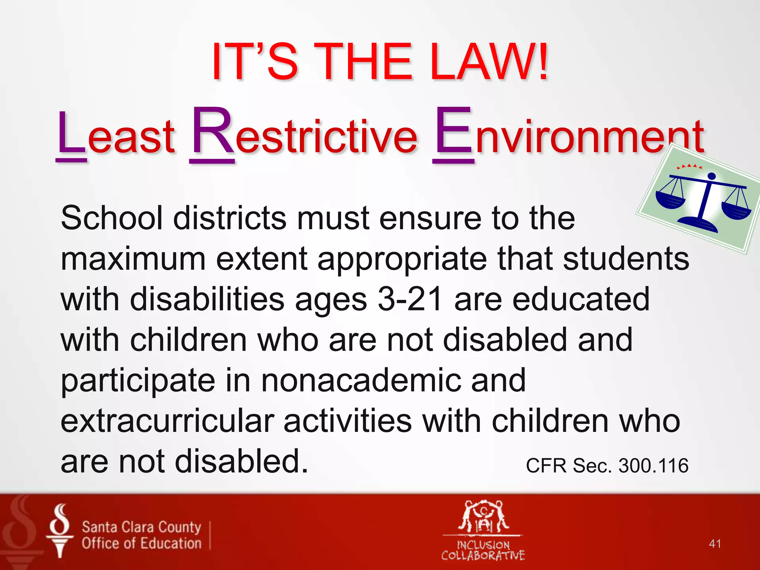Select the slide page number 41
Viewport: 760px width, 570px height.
click(x=715, y=544)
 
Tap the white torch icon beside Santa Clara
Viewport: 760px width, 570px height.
click(x=59, y=531)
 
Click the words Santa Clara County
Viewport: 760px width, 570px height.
click(x=141, y=527)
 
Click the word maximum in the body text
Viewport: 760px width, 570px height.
click(x=133, y=259)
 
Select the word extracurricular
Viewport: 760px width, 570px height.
click(x=167, y=421)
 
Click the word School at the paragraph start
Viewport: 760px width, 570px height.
click(x=112, y=218)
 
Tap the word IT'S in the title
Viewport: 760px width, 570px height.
click(x=255, y=61)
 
